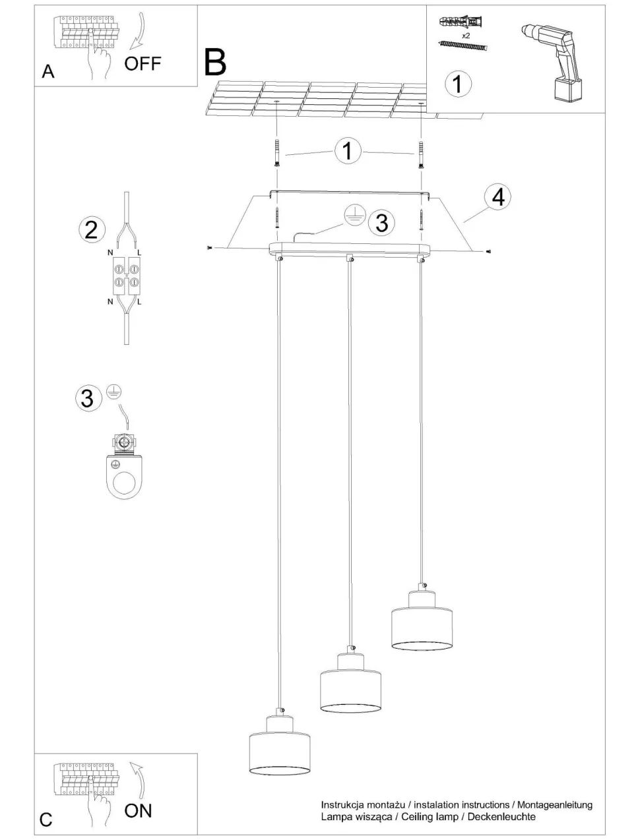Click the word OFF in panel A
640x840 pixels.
point(143,63)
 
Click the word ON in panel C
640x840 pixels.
point(138,810)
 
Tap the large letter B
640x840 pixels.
point(215,61)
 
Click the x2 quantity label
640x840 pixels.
point(466,36)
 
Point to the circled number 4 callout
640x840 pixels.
point(497,197)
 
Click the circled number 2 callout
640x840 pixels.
point(92,230)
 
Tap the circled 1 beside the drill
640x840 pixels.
point(458,84)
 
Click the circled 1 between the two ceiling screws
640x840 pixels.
point(348,151)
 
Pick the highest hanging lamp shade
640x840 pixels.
point(422,620)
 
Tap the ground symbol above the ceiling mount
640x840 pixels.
point(355,215)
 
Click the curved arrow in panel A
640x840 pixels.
point(139,32)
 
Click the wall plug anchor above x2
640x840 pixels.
point(461,22)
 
